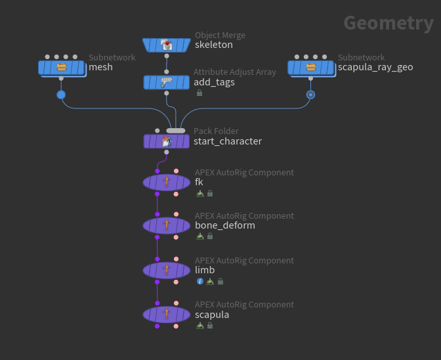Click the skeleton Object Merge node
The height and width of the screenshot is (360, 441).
166,45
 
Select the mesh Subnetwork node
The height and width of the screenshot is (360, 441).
61,67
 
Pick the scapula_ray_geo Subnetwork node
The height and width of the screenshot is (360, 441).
310,67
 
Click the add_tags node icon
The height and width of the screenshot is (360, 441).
166,82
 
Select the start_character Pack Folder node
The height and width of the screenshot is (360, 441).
166,141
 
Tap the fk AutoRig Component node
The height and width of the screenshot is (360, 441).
166,182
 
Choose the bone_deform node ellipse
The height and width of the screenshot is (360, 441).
166,225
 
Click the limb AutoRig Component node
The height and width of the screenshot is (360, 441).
166,270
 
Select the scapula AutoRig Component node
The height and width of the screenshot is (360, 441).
166,314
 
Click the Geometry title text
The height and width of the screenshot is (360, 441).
388,23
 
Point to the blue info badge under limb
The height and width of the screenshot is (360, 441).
200,281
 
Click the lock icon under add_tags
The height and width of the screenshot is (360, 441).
199,93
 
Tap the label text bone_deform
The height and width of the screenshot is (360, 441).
225,225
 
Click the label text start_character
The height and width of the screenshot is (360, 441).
228,141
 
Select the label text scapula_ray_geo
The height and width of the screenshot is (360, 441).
375,67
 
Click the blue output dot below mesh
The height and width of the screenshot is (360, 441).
61,95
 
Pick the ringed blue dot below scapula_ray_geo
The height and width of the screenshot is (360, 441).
310,95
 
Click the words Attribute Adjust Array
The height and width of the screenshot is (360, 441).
235,72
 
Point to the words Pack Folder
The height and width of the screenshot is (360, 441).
216,131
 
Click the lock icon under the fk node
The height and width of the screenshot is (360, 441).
210,194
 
